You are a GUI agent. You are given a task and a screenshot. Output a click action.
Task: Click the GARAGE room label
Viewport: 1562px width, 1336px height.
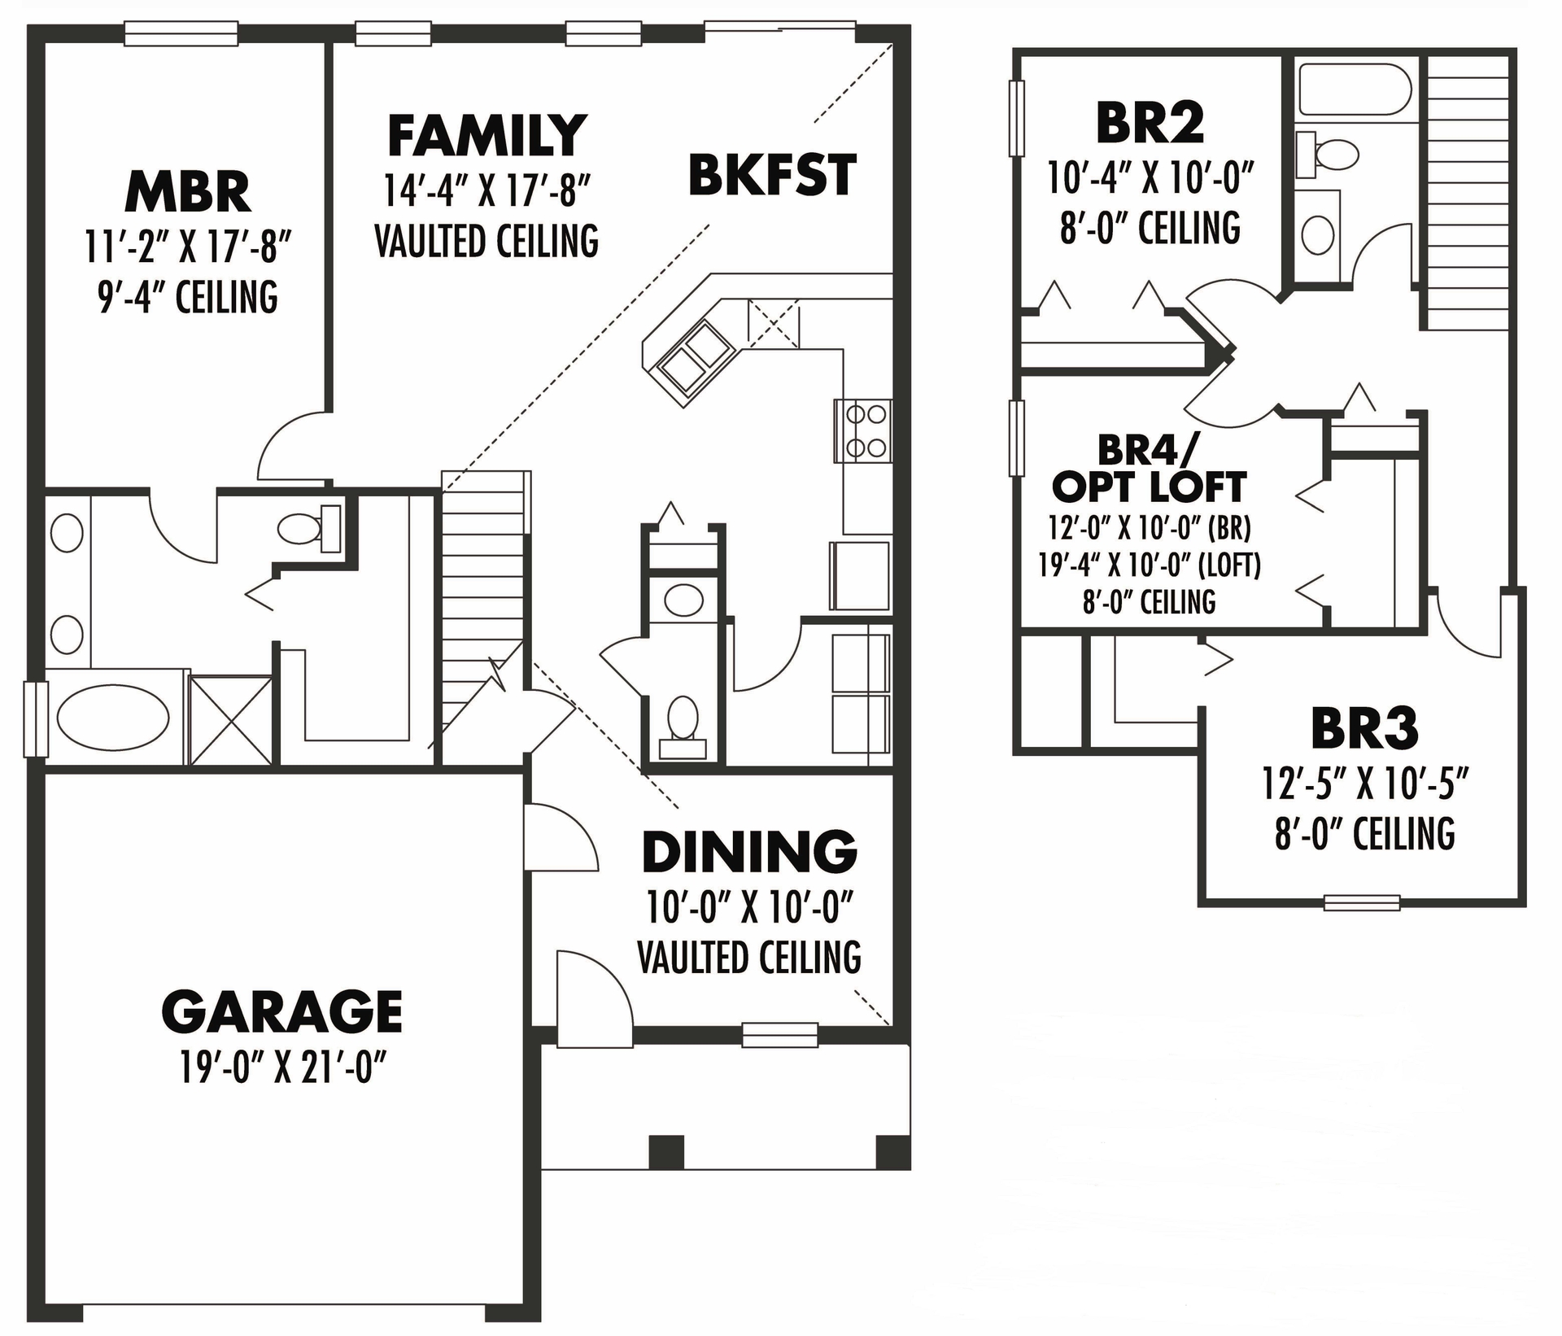click(281, 1011)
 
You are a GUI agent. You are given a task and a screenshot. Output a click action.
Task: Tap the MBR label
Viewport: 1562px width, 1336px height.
click(187, 193)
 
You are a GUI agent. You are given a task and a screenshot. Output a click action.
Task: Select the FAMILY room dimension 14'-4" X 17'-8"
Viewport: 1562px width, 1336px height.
click(486, 191)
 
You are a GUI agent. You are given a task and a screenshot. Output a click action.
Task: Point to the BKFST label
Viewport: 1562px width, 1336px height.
click(772, 176)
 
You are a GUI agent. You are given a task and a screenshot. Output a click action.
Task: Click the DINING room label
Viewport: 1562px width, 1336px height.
click(749, 853)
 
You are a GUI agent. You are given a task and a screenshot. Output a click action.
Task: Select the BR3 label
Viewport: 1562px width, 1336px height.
click(1364, 729)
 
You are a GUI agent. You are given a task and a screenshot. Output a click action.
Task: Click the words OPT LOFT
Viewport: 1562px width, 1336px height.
click(1149, 488)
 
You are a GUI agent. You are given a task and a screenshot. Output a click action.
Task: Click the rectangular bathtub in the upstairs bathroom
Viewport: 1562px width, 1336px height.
click(1355, 90)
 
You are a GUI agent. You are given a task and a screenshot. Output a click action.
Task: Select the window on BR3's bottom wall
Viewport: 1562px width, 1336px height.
click(1362, 902)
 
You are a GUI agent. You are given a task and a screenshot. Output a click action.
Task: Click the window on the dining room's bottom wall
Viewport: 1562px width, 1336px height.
click(779, 1034)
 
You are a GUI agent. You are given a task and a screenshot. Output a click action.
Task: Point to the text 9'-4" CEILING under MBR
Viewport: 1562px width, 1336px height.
click(187, 297)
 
